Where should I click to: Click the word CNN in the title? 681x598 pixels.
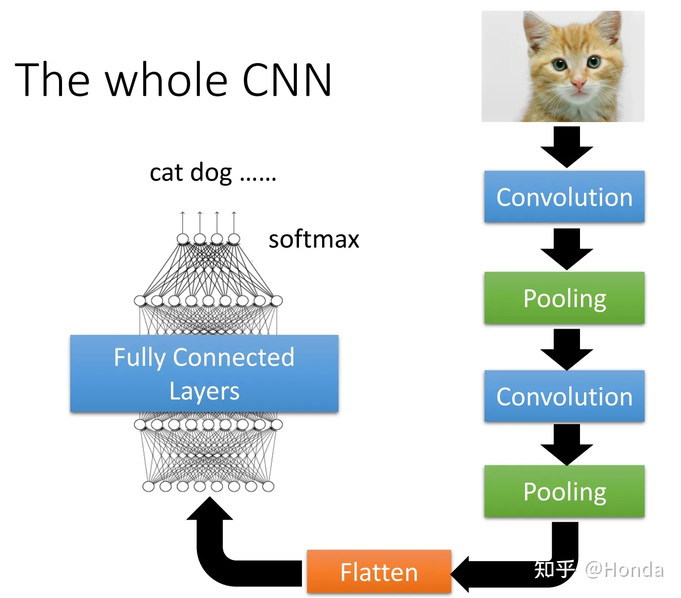[x=287, y=79]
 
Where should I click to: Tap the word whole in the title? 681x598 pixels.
[x=167, y=79]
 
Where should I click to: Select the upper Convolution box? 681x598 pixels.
[x=565, y=196]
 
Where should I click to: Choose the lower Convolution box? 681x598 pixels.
[x=565, y=395]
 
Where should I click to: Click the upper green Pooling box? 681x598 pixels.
[x=565, y=297]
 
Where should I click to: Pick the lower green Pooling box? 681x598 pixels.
[x=565, y=491]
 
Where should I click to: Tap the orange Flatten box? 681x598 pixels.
[x=379, y=571]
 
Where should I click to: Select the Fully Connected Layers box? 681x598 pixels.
[x=205, y=373]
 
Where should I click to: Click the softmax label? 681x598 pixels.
[x=314, y=240]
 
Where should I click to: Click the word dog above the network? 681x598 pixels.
[x=211, y=173]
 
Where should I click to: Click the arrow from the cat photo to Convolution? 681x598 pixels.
[x=567, y=147]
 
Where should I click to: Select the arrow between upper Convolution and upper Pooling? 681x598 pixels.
[x=567, y=249]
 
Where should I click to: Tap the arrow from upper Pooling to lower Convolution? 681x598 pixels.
[x=567, y=350]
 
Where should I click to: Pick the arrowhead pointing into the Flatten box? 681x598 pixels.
[x=460, y=574]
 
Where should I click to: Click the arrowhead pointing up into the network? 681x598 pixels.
[x=210, y=508]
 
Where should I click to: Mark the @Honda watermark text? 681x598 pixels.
[x=625, y=570]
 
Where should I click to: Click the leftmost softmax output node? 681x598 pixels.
[x=183, y=239]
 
